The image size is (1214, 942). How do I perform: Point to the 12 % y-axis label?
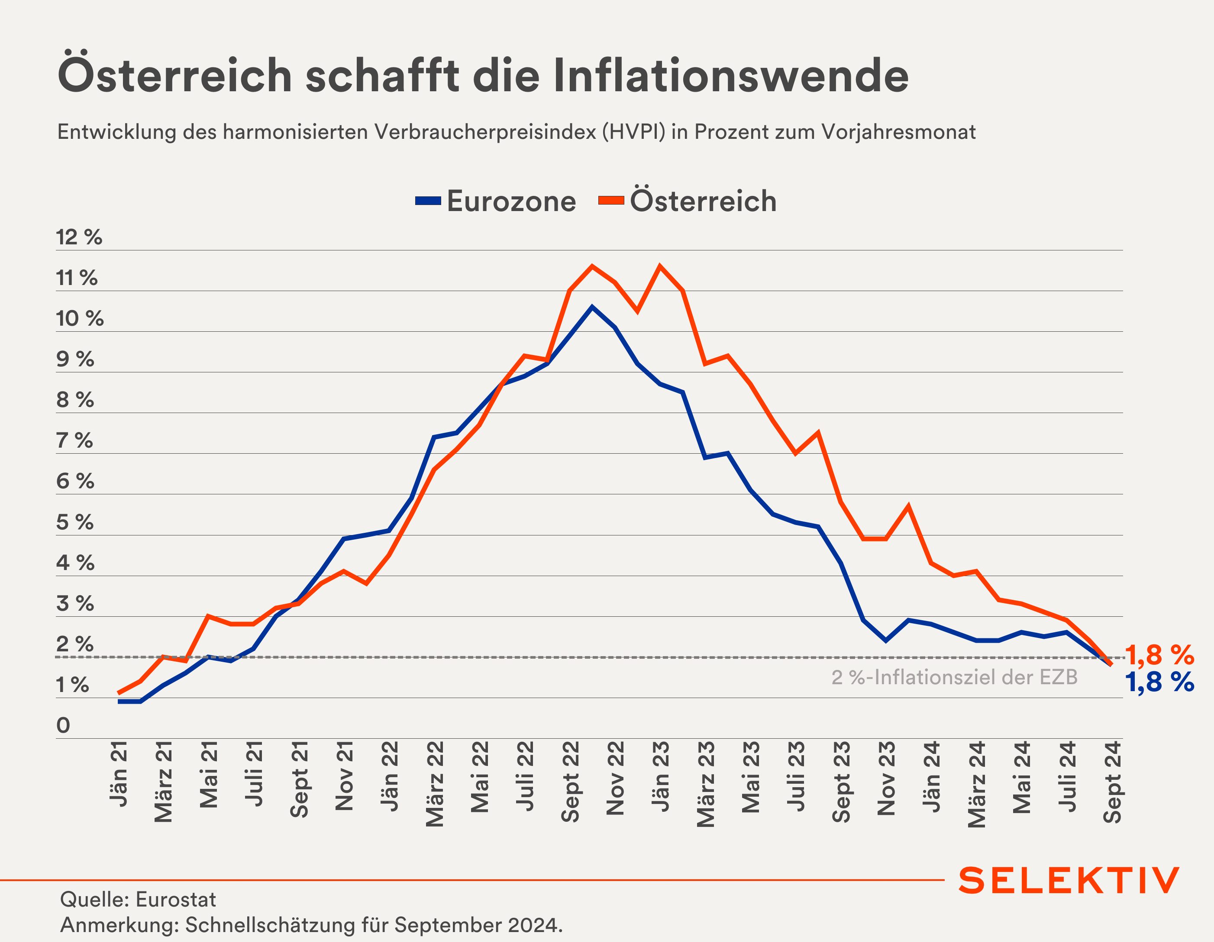click(79, 237)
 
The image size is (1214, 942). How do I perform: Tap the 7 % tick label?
click(74, 440)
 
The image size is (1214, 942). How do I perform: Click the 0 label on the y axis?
click(63, 725)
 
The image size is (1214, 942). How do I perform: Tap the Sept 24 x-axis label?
click(1112, 782)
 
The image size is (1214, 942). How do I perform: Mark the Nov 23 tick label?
click(887, 778)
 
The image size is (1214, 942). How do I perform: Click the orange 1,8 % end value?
click(1159, 655)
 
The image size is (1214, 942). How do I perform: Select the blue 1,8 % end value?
click(1159, 682)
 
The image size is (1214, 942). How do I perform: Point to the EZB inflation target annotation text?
click(954, 677)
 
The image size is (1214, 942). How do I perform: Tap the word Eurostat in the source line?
click(176, 899)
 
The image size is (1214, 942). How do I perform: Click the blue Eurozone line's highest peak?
click(592, 307)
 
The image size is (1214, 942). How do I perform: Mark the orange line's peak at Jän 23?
click(660, 266)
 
